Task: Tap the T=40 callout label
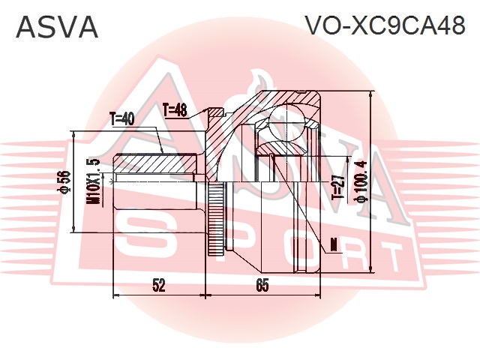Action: click(x=122, y=118)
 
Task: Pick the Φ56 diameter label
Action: click(x=64, y=182)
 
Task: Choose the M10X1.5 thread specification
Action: click(x=93, y=182)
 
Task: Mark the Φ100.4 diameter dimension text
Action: click(x=361, y=182)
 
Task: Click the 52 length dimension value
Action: click(x=158, y=285)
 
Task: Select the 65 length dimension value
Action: click(x=262, y=285)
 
